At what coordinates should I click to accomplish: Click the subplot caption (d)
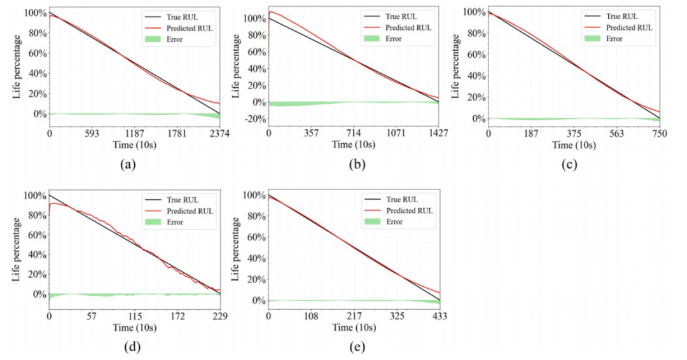tap(127, 347)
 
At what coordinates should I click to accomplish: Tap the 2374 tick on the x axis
tap(219, 134)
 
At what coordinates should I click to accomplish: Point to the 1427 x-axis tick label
tap(438, 134)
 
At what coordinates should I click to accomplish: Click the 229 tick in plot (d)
tap(219, 315)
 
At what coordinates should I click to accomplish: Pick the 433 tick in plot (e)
tap(440, 315)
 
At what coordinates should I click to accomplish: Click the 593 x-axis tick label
tap(92, 134)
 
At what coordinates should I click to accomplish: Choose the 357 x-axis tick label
tap(310, 134)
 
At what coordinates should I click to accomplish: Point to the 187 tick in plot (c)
tap(531, 134)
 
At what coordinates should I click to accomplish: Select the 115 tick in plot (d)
tap(135, 315)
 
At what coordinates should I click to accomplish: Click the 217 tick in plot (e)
tap(354, 315)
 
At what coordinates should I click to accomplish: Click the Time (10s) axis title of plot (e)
tap(354, 328)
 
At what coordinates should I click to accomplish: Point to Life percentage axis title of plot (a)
tap(17, 68)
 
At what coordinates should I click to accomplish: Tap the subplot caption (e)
tap(347, 347)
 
